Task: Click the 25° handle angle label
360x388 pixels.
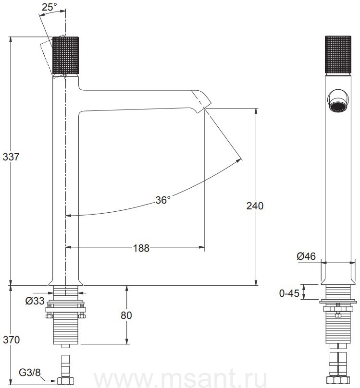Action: pos(50,7)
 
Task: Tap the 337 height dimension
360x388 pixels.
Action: pos(11,157)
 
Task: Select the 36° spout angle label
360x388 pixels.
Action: pos(163,200)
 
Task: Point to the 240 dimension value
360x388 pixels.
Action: pos(255,206)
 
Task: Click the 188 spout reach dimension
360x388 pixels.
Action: pos(141,248)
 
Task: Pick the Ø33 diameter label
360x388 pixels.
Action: pos(35,301)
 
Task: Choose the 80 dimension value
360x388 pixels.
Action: pos(126,315)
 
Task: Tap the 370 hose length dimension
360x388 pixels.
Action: pos(12,340)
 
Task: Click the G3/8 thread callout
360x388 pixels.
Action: pos(29,373)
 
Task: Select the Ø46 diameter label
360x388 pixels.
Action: pos(306,256)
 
